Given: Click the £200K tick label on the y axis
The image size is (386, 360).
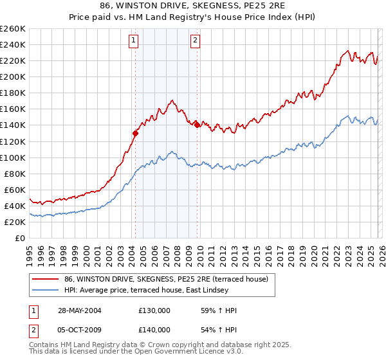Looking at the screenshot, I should pyautogui.click(x=13, y=76).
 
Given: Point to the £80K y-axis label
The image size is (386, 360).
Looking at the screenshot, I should pyautogui.click(x=15, y=174).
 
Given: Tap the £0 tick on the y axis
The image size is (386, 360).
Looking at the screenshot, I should pyautogui.click(x=21, y=238).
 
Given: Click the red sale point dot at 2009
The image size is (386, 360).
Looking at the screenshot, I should pyautogui.click(x=197, y=125).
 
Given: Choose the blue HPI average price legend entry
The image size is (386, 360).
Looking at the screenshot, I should pyautogui.click(x=169, y=290).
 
